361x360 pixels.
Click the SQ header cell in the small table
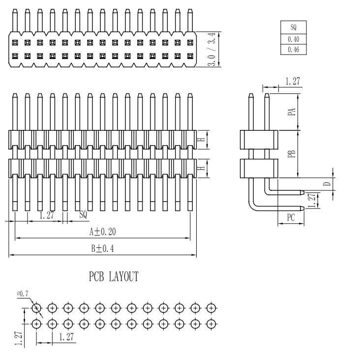pyautogui.click(x=293, y=28)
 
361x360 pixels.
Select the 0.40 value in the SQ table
pyautogui.click(x=293, y=39)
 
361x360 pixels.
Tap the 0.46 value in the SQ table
pyautogui.click(x=293, y=50)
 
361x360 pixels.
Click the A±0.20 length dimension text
pyautogui.click(x=102, y=231)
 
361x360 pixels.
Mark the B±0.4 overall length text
pyautogui.click(x=102, y=248)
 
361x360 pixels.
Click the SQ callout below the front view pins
pyautogui.click(x=83, y=214)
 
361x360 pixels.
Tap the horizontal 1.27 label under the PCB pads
pyautogui.click(x=66, y=337)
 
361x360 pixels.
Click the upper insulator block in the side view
pyautogui.click(x=259, y=140)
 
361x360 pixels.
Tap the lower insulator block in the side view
pyautogui.click(x=259, y=169)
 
